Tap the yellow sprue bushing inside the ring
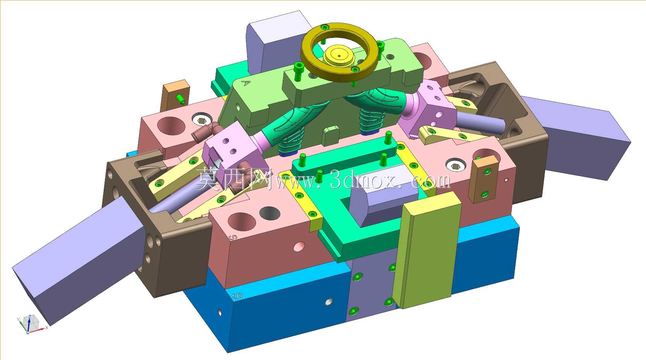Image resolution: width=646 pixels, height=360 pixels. pos(339,56)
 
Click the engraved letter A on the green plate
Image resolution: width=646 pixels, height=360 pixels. pos(246,83)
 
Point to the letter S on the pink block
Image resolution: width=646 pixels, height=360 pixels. pos(233,238)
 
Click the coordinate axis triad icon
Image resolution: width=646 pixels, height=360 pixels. pos(30,323)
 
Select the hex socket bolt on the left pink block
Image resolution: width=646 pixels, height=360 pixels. pos(201,119)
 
